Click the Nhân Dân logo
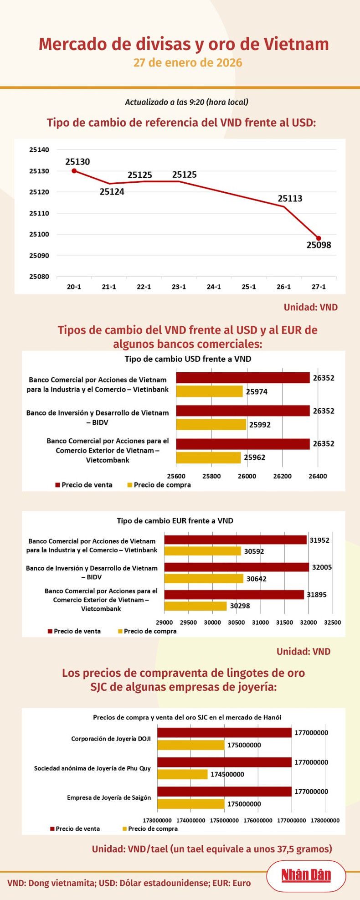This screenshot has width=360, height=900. coord(306,875)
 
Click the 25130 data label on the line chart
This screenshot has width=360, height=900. coord(77,162)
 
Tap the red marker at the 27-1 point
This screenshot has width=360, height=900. coord(319,238)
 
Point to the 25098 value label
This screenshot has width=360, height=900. coord(319,246)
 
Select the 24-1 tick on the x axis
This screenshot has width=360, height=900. coord(214,287)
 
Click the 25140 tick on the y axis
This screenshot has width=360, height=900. coord(39,149)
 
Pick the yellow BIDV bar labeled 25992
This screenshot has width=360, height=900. coord(211,424)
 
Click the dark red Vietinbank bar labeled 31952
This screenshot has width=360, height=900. coord(235,540)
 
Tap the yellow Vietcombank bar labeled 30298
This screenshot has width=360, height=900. coord(195,606)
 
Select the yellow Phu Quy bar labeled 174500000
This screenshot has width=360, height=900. coord(182,774)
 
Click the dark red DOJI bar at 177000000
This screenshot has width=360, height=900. coord(224,732)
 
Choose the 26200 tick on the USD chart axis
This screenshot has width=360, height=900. coord(283,476)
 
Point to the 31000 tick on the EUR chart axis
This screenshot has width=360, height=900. coord(260,622)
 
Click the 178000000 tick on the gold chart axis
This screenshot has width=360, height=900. coord(325,820)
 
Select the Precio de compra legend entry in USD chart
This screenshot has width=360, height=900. coord(159,485)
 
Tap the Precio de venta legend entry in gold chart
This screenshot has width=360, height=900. coord(75,828)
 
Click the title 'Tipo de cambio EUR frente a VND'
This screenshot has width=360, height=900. coord(175,520)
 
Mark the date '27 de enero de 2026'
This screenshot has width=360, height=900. coord(187,62)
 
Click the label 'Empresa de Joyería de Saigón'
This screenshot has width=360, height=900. coord(109,797)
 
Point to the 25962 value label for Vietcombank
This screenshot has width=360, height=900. coord(254,458)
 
